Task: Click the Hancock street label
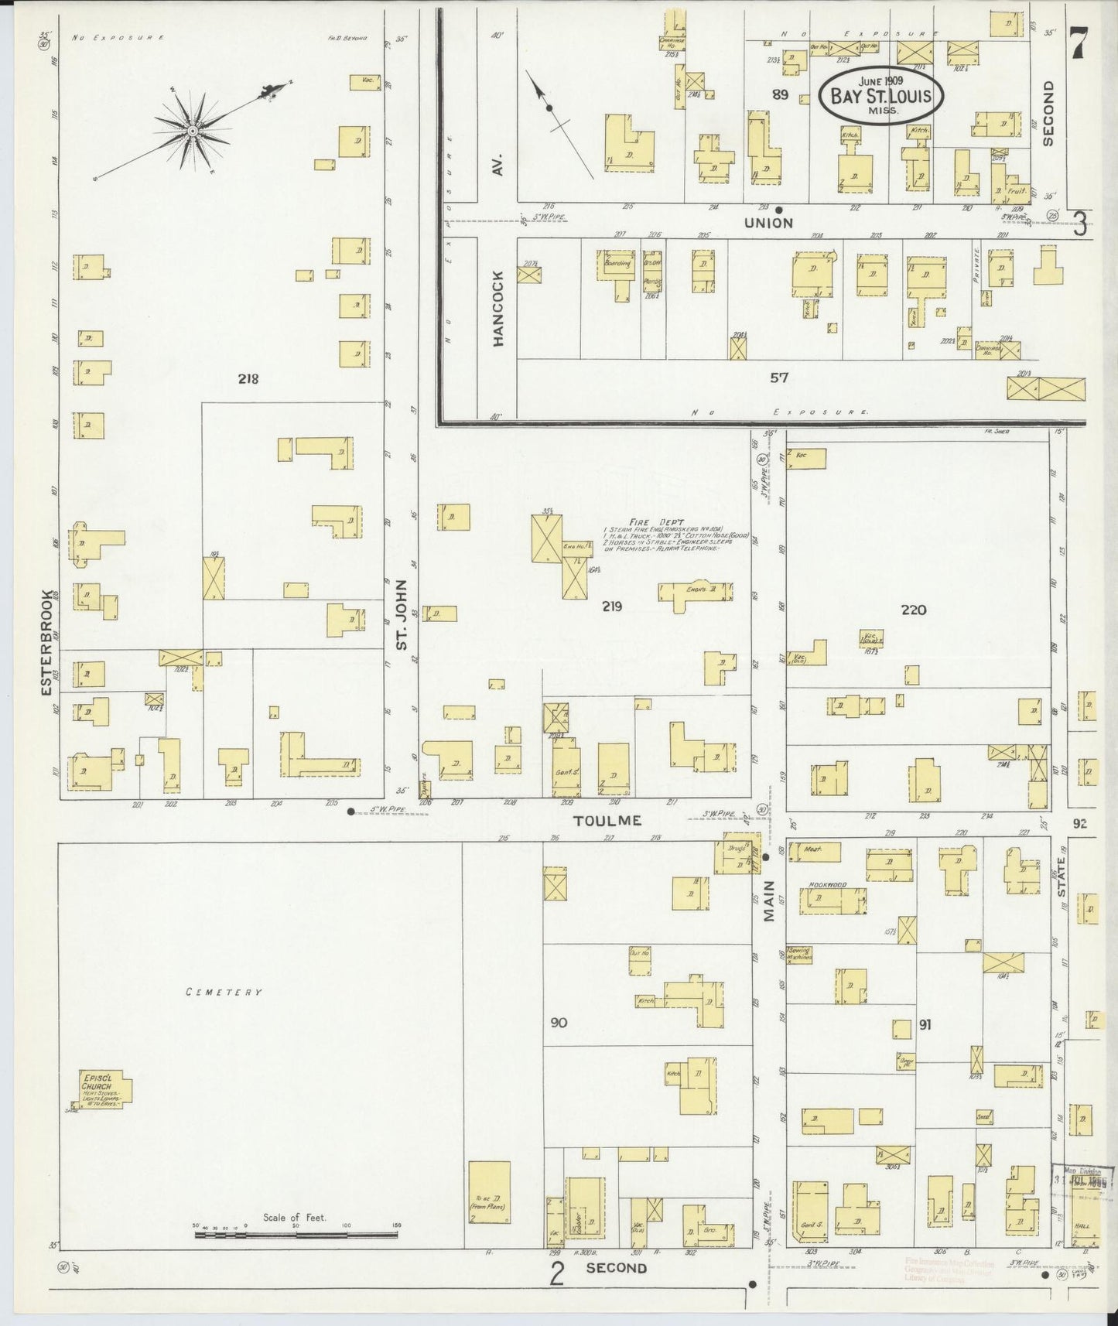(x=497, y=308)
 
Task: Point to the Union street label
(x=768, y=223)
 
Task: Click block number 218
(x=248, y=379)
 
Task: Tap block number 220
(x=913, y=610)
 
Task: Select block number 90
(x=559, y=1023)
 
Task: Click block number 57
(x=778, y=378)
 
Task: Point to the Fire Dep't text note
(x=669, y=534)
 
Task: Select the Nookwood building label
(x=827, y=884)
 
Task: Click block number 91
(x=925, y=1025)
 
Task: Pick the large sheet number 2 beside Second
(x=556, y=1273)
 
